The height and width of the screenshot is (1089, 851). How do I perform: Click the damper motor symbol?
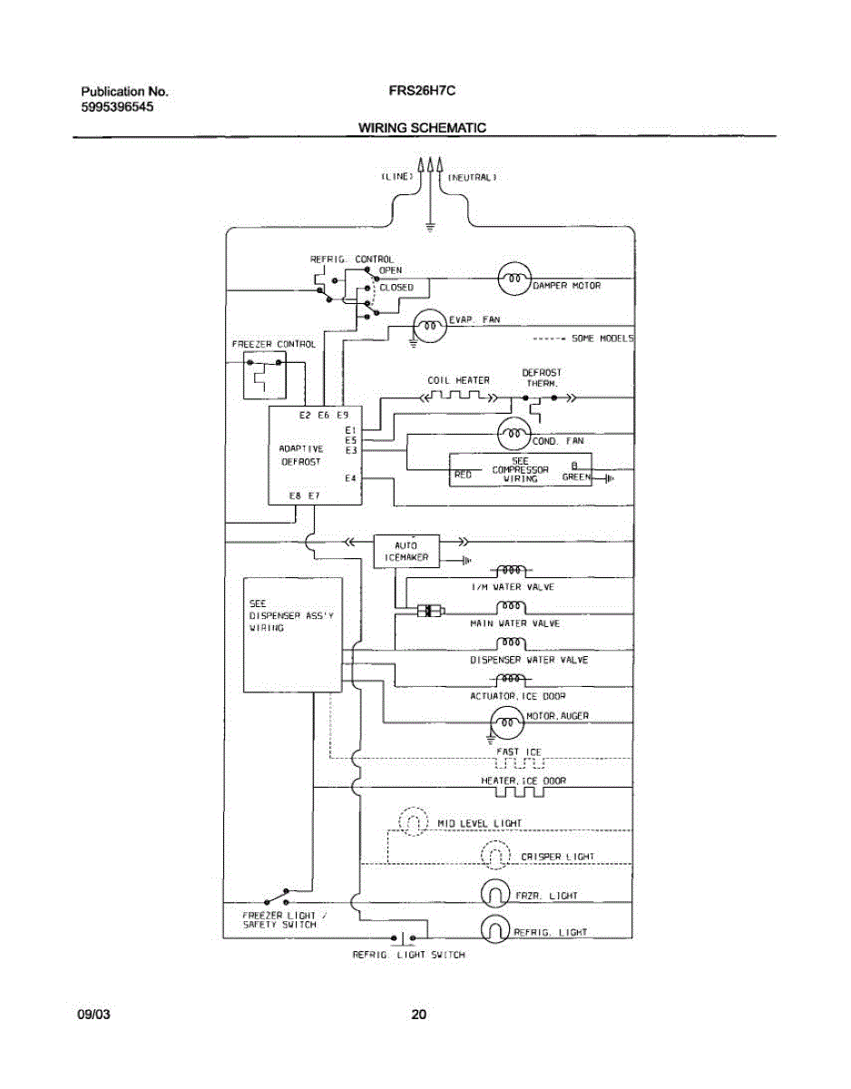[514, 278]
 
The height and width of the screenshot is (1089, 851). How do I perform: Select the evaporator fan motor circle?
[430, 326]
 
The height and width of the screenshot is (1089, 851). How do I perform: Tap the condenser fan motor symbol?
[514, 433]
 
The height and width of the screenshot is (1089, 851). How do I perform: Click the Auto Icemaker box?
[406, 551]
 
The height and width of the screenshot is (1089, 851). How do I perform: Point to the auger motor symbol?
[507, 722]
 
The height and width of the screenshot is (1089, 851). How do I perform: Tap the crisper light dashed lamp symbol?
[494, 855]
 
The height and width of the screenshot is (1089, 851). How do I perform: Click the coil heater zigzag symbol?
[459, 397]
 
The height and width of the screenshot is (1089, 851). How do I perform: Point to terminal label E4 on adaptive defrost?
[350, 478]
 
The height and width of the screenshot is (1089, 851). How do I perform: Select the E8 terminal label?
[295, 495]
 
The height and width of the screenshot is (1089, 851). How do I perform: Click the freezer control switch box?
[265, 376]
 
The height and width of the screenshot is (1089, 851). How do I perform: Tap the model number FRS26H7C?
[422, 91]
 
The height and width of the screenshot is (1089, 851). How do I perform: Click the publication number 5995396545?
[117, 107]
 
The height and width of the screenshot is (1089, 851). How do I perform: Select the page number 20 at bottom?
[419, 1015]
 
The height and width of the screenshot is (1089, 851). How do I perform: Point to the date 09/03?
[93, 1015]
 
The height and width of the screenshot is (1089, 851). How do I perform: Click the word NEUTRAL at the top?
[472, 177]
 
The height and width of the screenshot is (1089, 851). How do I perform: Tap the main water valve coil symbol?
[511, 607]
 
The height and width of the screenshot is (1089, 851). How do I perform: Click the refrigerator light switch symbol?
[403, 937]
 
